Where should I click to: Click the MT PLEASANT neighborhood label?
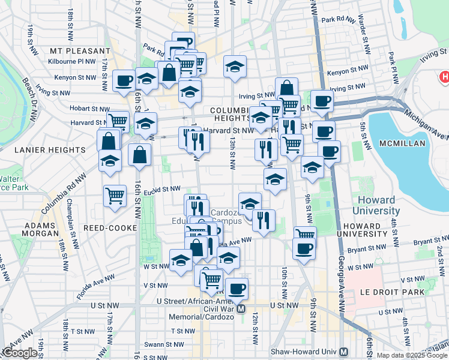click(81, 51)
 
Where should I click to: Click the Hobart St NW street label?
click(75, 109)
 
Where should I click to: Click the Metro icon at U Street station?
click(241, 309)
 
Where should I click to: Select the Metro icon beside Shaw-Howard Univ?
click(344, 352)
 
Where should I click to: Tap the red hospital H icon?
click(445, 77)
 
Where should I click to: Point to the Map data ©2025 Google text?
click(412, 355)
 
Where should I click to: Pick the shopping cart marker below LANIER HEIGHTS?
click(114, 196)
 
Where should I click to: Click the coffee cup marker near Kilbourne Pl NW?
click(124, 80)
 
